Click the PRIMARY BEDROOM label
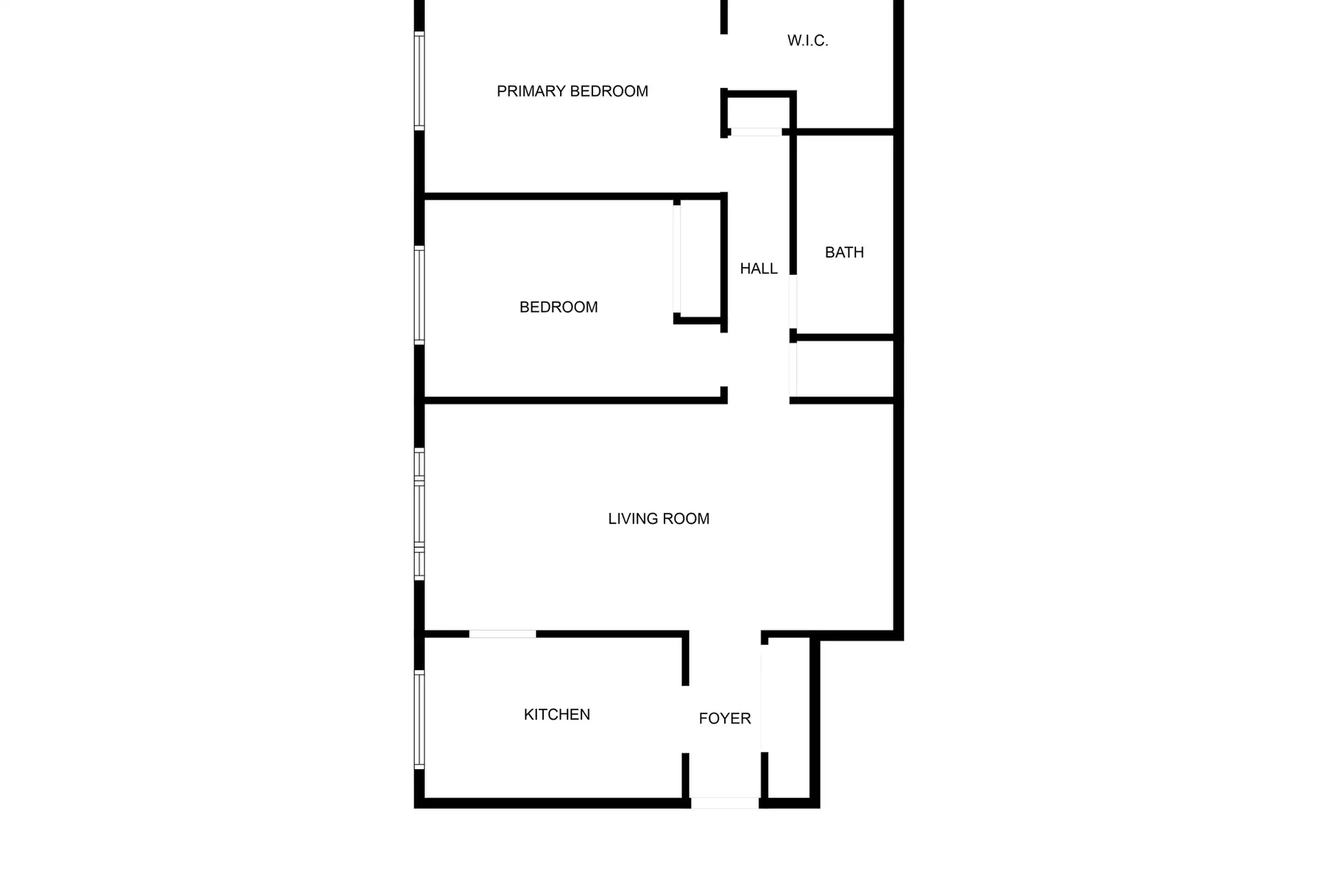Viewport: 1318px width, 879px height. (x=572, y=92)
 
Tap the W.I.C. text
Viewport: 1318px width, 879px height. (x=807, y=41)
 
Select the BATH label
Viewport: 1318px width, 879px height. (x=844, y=253)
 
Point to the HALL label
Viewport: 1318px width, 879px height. (x=758, y=269)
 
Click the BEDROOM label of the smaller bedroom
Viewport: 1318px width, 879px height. (x=558, y=307)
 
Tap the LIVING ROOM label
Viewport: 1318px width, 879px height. (x=659, y=519)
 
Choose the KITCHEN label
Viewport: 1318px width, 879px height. (x=557, y=715)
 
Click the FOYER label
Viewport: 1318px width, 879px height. (x=725, y=718)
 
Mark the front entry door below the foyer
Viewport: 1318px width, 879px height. (x=725, y=803)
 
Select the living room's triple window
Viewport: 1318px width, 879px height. (x=419, y=514)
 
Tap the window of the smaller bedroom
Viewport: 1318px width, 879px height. (x=419, y=295)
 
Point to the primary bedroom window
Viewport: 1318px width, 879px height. (x=419, y=81)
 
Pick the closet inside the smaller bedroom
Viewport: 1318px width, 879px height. (x=700, y=259)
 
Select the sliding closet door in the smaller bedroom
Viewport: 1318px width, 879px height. (x=677, y=259)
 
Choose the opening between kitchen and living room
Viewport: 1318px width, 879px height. (x=502, y=634)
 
